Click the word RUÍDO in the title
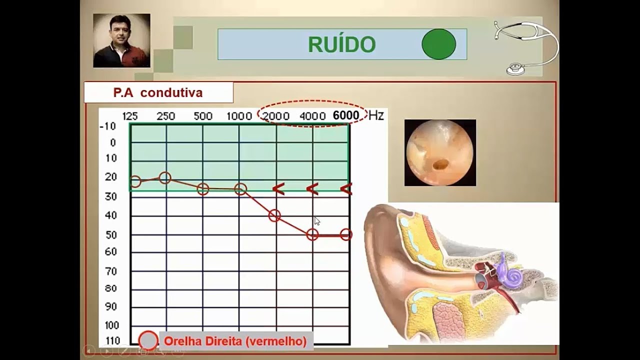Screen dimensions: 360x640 341,44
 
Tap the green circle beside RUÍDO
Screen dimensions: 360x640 438,44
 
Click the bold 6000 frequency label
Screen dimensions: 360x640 346,115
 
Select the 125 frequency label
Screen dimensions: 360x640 130,116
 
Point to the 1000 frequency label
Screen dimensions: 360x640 239,116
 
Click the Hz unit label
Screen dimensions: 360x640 376,115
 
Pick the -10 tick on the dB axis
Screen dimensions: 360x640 108,126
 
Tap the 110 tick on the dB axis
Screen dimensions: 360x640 112,341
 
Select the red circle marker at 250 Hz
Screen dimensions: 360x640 165,177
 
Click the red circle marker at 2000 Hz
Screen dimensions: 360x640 274,215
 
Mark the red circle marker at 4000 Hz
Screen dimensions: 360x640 312,234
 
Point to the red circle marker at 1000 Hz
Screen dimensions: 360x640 240,189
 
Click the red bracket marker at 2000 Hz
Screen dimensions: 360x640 278,188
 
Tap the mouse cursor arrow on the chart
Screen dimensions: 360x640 317,221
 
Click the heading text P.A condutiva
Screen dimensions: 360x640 157,92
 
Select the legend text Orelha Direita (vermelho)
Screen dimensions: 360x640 235,341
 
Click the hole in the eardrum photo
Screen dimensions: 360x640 440,163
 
